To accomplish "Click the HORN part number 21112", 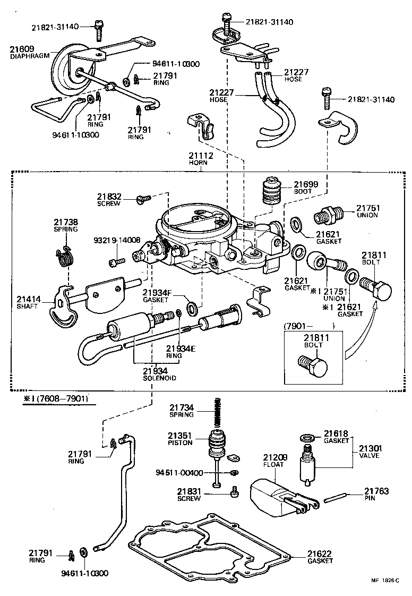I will pos(201,156).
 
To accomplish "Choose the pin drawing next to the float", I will pos(334,499).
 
